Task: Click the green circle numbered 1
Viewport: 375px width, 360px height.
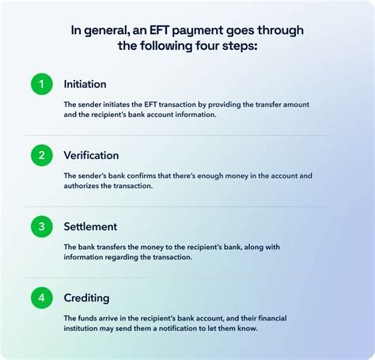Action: (x=42, y=83)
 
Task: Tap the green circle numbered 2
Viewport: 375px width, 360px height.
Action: (x=42, y=155)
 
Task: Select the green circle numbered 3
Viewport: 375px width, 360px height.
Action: (x=42, y=226)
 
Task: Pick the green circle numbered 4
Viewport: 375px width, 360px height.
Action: (x=42, y=298)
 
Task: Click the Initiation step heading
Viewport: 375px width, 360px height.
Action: (x=85, y=83)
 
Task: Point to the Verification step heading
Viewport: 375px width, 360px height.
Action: (x=92, y=155)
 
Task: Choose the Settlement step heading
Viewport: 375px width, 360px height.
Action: (x=90, y=226)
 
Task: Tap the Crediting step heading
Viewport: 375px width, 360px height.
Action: (x=87, y=298)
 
